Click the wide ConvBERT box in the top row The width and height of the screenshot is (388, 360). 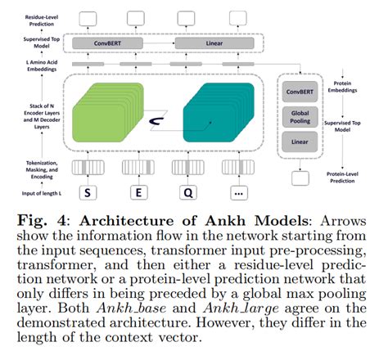click(x=118, y=41)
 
